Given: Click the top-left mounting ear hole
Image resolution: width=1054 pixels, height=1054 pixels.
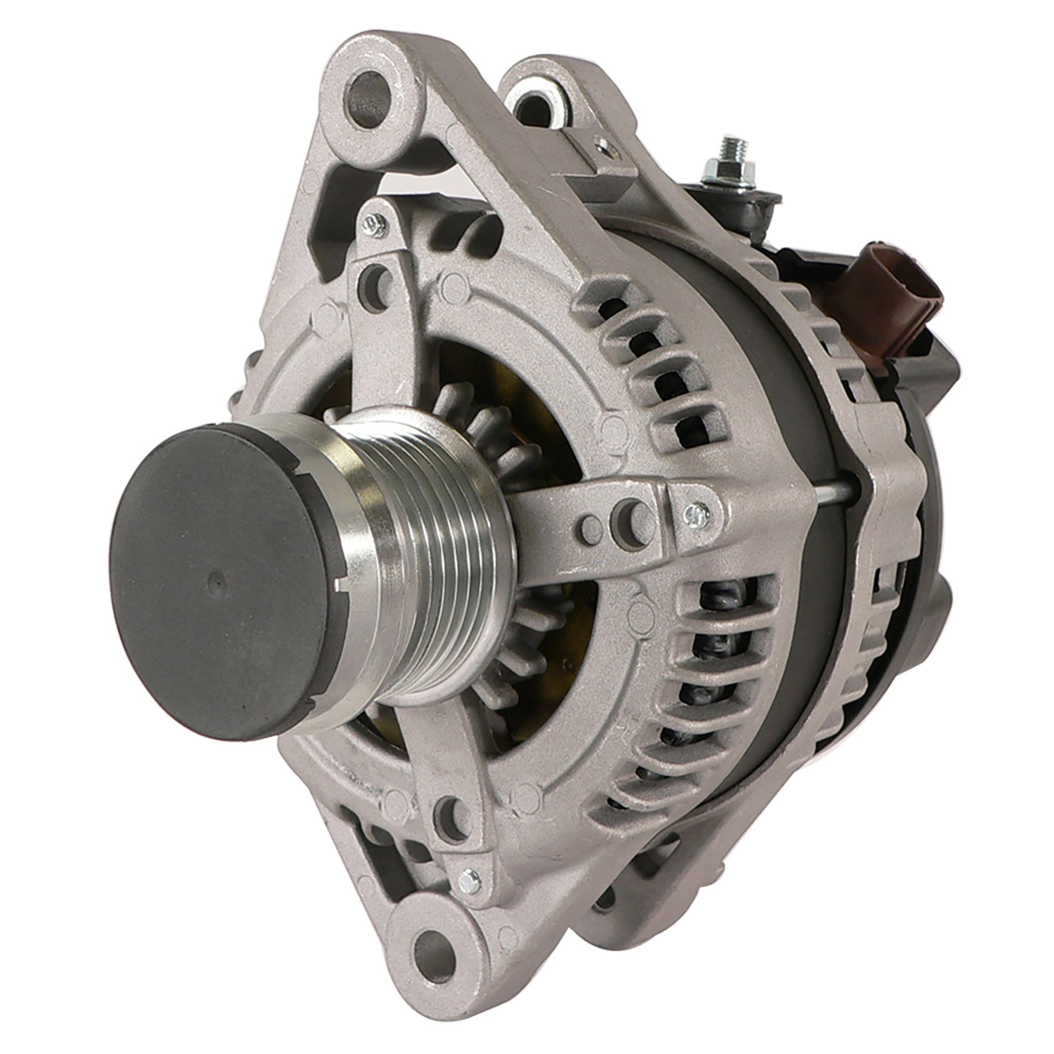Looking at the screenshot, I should click(370, 99).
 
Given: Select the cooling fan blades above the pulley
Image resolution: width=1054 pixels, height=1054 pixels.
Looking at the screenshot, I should click(480, 415).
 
